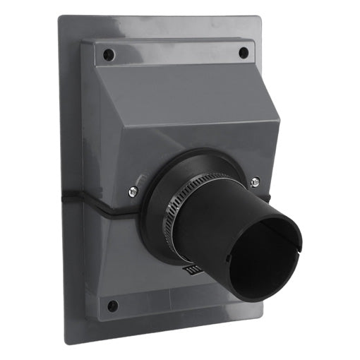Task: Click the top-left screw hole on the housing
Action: [x=107, y=54]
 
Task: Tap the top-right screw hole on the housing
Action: [x=243, y=52]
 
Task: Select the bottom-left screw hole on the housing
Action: [x=112, y=306]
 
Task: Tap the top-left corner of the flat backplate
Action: [x=61, y=18]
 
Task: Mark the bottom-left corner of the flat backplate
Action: [x=66, y=342]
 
